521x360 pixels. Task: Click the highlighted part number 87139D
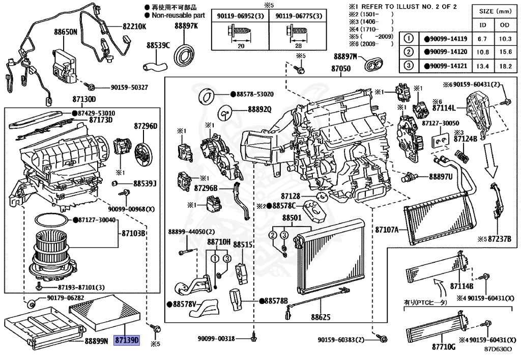click(127, 340)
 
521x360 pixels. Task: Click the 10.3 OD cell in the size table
click(505, 39)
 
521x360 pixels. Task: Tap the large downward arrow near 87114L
click(493, 156)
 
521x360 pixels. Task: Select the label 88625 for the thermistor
click(321, 316)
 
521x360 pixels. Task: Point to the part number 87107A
click(387, 230)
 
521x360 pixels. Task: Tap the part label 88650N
click(66, 32)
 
